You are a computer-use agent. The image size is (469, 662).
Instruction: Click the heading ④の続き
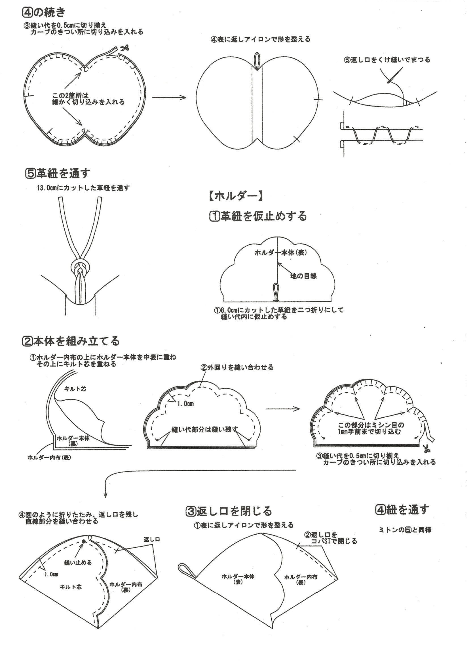44,12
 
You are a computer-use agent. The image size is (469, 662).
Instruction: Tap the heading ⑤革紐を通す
58,173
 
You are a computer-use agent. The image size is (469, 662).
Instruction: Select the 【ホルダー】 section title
235,196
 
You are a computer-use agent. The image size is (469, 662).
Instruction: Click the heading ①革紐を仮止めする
257,216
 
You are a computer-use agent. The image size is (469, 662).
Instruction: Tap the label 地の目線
303,276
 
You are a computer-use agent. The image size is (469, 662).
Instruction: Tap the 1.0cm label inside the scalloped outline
185,404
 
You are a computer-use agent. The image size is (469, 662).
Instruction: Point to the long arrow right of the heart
169,97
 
